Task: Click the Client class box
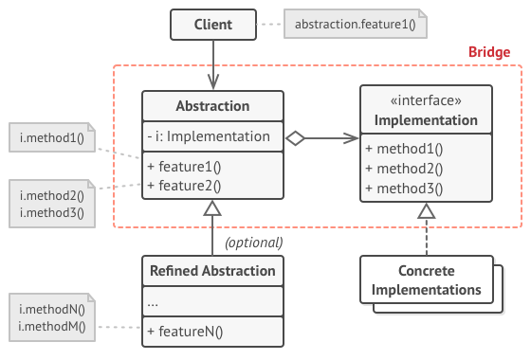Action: (213, 23)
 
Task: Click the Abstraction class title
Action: (212, 106)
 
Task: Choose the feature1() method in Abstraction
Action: (184, 167)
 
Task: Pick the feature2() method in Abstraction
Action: (184, 185)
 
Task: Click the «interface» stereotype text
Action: (426, 101)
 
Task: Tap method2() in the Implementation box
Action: (404, 169)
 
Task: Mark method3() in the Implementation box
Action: (404, 187)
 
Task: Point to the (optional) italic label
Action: (253, 242)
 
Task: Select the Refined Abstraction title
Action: (212, 271)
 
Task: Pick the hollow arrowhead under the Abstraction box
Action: (213, 207)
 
